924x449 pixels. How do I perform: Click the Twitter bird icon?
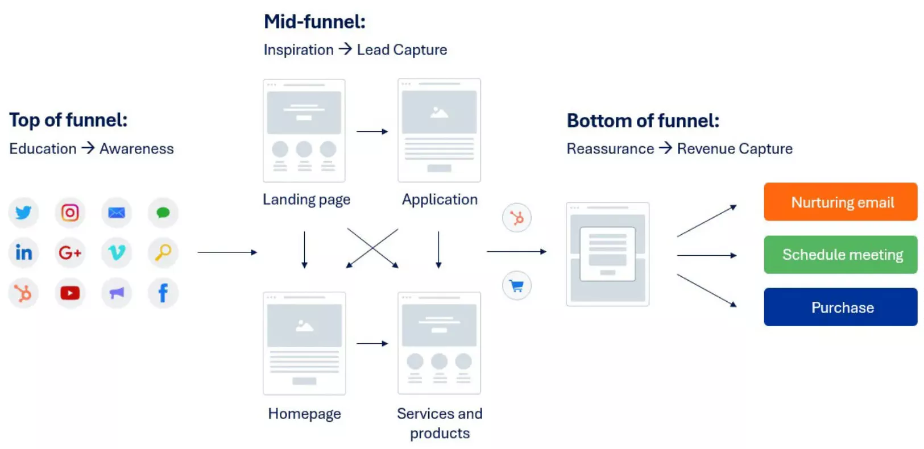click(23, 213)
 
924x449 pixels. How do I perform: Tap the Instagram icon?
click(70, 213)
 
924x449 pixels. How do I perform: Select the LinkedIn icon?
click(23, 252)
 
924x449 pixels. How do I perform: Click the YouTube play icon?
click(70, 293)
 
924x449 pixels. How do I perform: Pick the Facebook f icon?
click(163, 293)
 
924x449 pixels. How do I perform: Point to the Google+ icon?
click(70, 252)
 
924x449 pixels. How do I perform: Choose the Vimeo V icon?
click(117, 252)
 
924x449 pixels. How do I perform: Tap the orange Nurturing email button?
click(840, 202)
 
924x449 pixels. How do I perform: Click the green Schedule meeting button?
click(840, 255)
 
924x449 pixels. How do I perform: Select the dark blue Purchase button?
click(840, 307)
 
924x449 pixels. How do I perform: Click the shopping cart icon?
click(517, 286)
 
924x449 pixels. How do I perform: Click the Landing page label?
click(306, 199)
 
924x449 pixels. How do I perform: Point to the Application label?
click(440, 199)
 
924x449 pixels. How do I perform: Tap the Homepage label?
click(304, 414)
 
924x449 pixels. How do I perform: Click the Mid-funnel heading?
click(314, 22)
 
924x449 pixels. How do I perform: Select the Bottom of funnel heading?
click(643, 120)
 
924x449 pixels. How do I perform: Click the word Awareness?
click(136, 149)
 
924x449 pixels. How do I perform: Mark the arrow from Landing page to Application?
click(372, 131)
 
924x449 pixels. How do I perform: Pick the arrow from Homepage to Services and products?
click(372, 343)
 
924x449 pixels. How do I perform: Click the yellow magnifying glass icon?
click(163, 252)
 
